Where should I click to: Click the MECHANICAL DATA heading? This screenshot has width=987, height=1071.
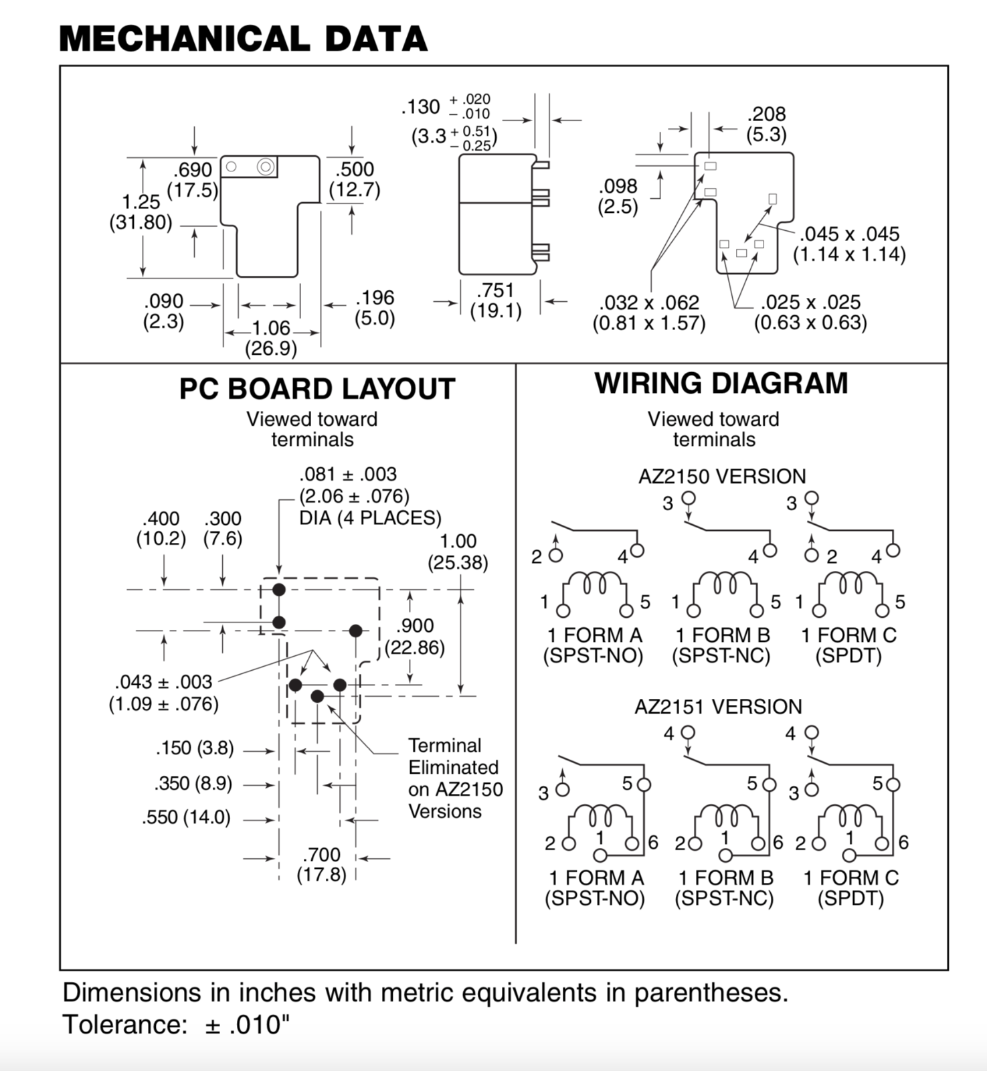tap(244, 38)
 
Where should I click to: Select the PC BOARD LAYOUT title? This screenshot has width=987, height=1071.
tap(317, 389)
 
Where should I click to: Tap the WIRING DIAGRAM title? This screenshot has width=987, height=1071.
tap(721, 384)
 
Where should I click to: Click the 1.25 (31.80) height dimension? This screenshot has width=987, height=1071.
tap(141, 212)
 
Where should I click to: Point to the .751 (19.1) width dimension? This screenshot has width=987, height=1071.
tap(496, 301)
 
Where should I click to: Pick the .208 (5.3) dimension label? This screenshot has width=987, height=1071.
tap(766, 124)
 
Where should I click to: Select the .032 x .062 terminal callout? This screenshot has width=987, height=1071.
tap(649, 313)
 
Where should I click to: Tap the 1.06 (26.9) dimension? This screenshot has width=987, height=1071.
tap(271, 338)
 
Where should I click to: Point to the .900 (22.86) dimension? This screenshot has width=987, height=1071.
tap(415, 637)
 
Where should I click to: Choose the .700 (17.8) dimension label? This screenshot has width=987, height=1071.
tap(322, 864)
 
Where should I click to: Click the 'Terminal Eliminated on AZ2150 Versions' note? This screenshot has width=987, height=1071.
tap(456, 778)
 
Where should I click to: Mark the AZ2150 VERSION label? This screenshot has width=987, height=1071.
tap(722, 477)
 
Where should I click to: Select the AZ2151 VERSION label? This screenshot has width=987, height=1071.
tap(718, 707)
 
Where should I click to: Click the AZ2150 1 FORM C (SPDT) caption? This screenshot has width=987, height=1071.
tap(849, 645)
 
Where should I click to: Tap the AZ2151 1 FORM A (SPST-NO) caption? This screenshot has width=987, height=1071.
tap(595, 888)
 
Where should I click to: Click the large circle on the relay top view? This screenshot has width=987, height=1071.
tap(266, 167)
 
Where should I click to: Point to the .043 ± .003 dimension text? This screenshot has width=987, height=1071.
tap(163, 693)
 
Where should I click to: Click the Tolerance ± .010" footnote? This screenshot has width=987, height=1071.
tap(177, 1025)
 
